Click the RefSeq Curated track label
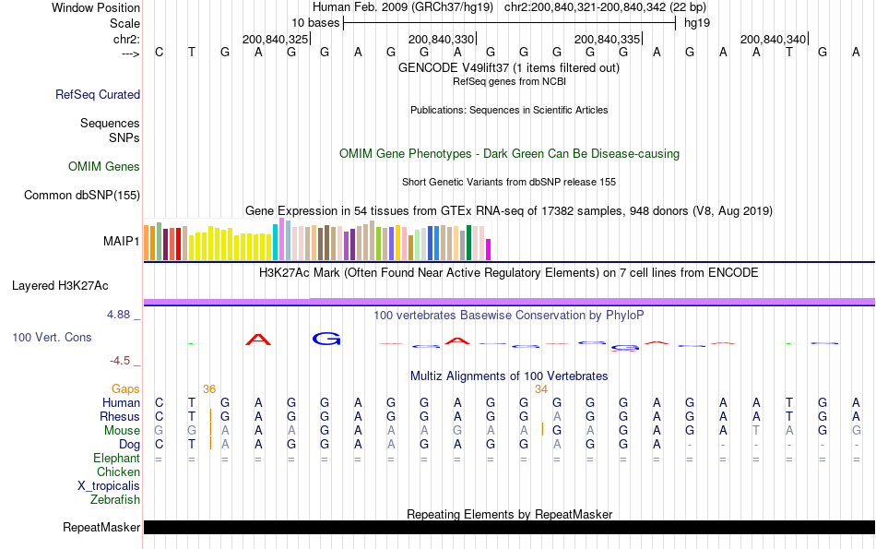coord(98,94)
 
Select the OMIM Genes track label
coord(104,167)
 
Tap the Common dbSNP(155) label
coord(82,195)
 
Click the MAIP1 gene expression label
coord(122,241)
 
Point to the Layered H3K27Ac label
coord(60,285)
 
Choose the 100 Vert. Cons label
coord(52,338)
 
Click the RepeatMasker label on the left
coord(101,528)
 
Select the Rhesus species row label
coord(121,416)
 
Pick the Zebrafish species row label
coord(115,500)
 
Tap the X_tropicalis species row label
coord(109,486)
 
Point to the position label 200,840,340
coord(773,39)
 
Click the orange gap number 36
coord(209,389)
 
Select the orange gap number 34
coord(541,389)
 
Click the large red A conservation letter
coord(259,340)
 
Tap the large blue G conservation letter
coord(326,339)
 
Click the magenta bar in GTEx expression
coord(489,249)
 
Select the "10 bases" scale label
coord(315,22)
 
